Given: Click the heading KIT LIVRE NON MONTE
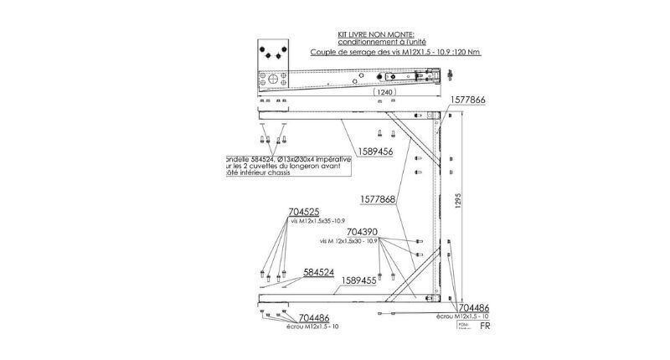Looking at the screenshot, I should point(368,36).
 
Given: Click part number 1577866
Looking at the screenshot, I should point(470,99).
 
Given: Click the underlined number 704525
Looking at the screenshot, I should point(303,212).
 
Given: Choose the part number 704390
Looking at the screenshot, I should point(362,231).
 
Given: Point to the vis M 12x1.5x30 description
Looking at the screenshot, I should point(350,240).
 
